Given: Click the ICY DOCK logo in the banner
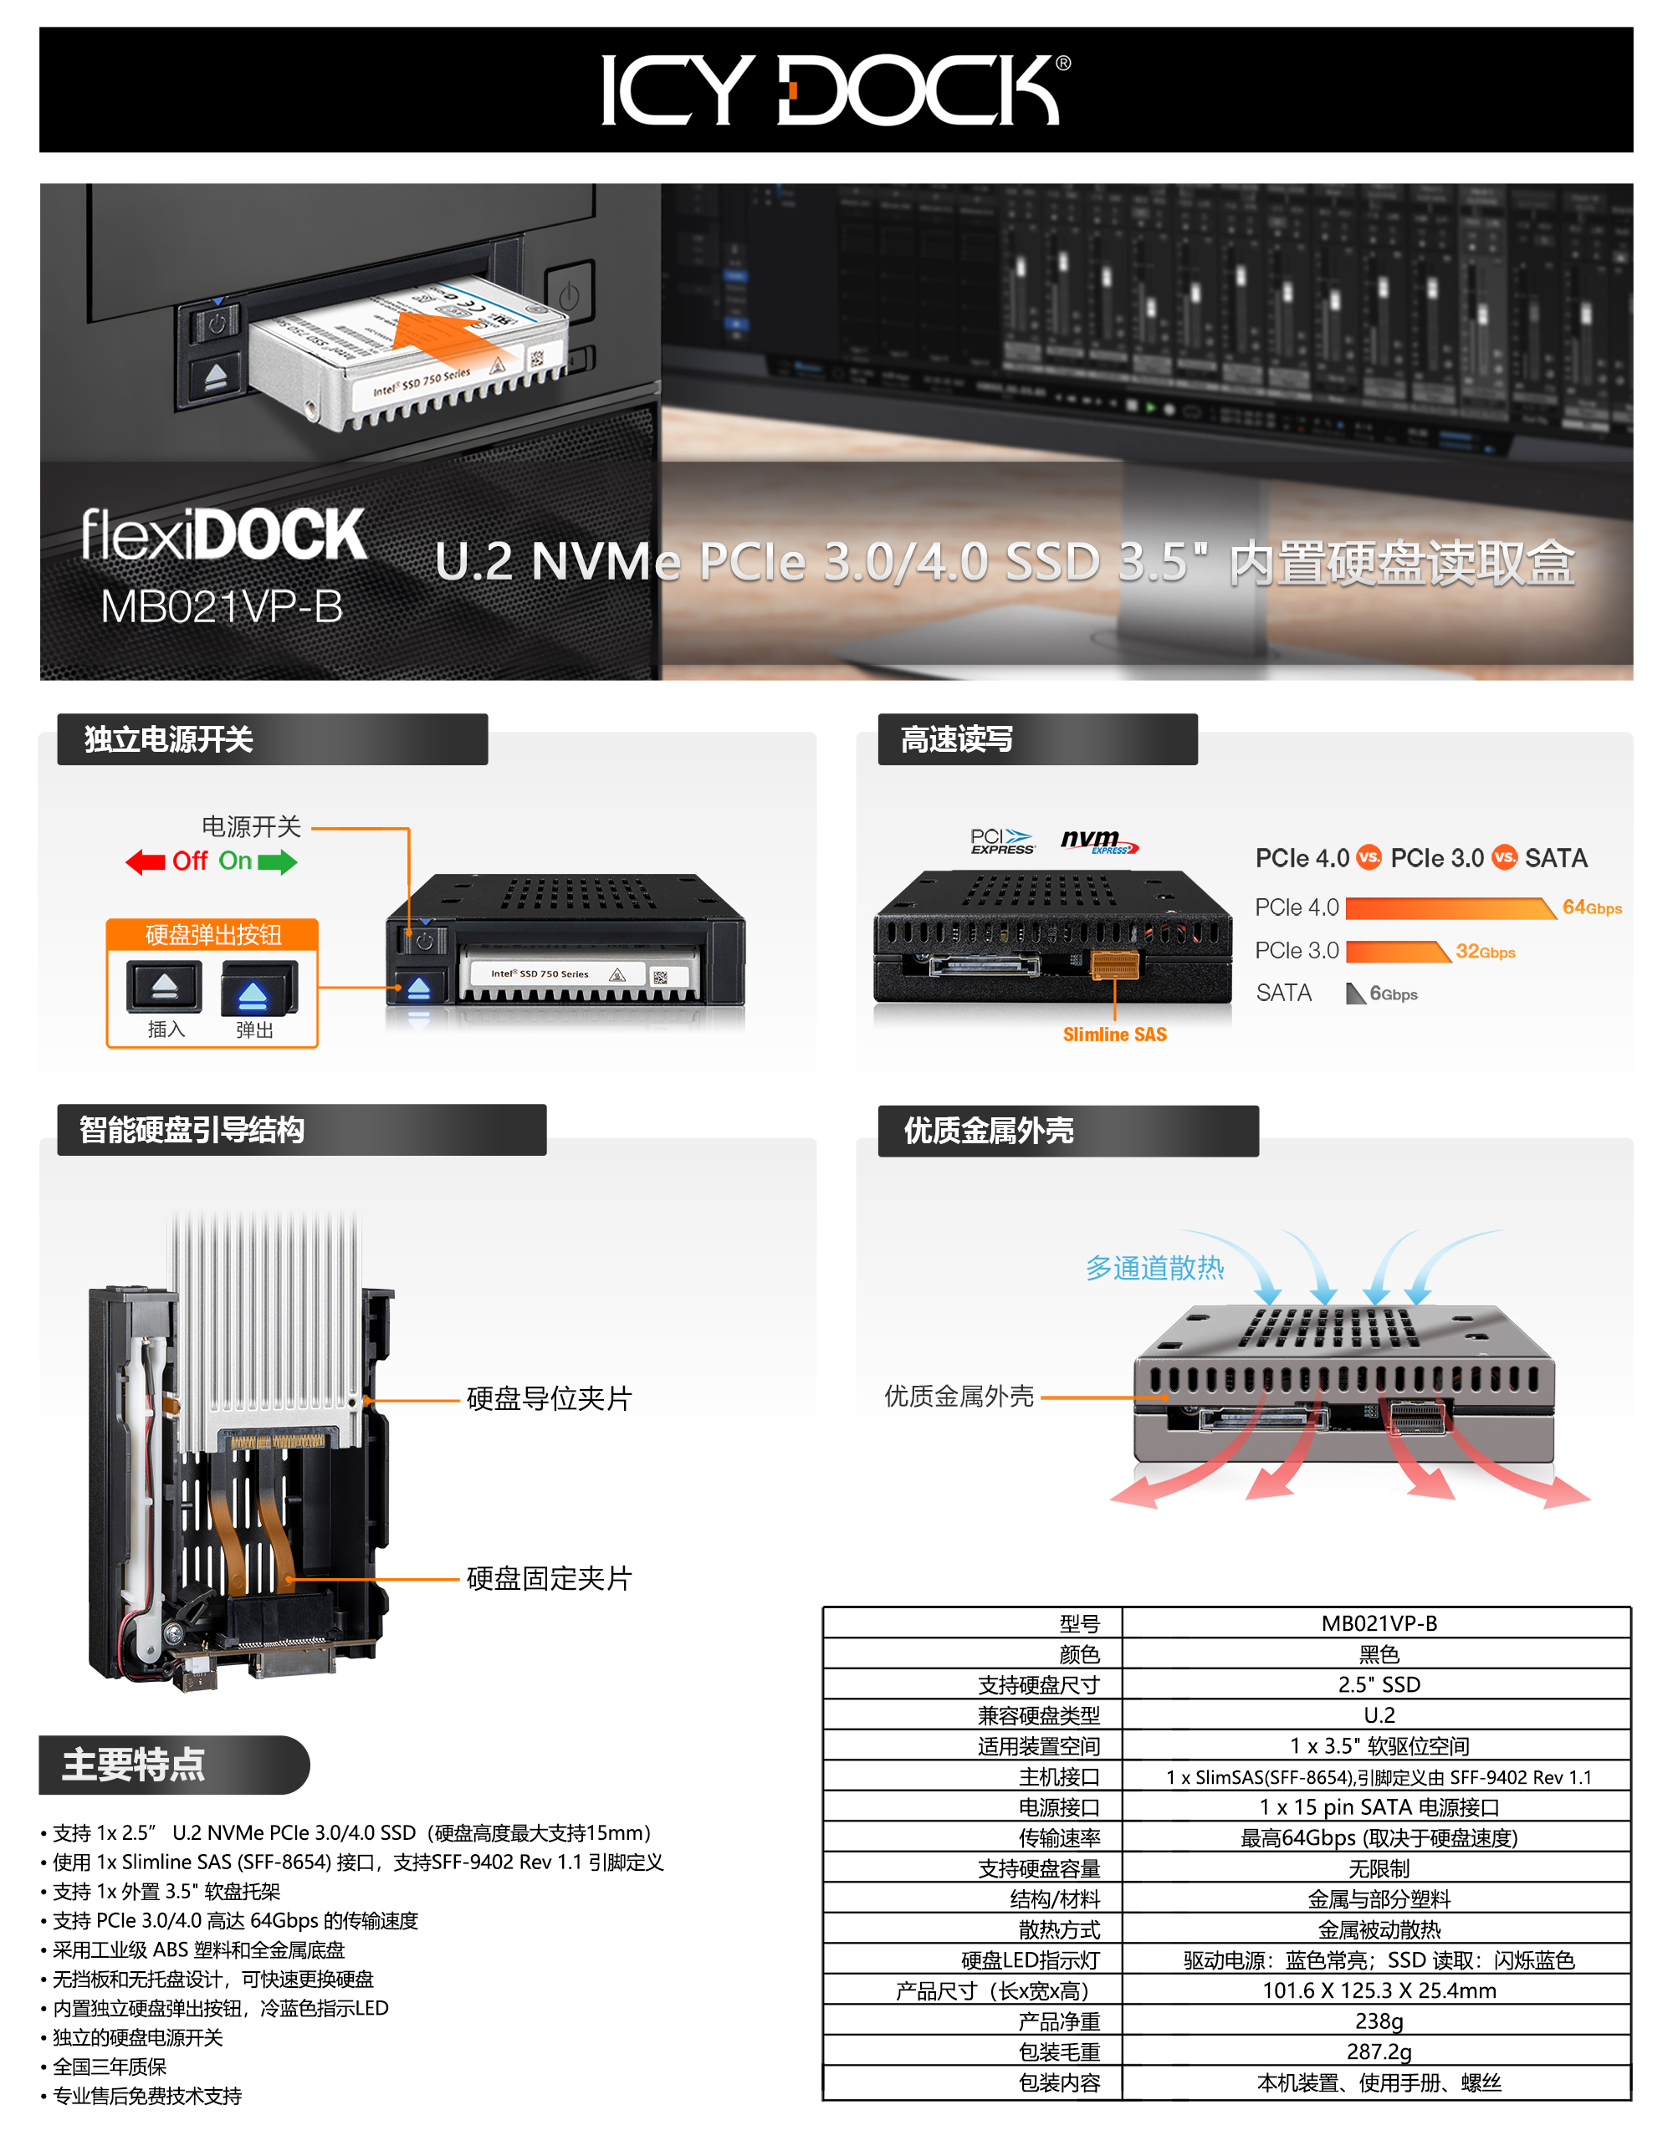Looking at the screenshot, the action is [836, 89].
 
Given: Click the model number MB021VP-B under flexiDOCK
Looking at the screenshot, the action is [222, 606].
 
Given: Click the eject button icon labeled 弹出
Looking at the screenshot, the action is [258, 988].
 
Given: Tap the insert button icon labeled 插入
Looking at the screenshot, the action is [165, 987].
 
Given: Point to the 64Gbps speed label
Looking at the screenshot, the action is [1591, 907].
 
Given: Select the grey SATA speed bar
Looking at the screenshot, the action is [1355, 994].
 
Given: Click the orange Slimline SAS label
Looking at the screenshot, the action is [1114, 1035].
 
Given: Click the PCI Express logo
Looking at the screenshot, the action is [1003, 841].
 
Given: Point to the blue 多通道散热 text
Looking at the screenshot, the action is [1154, 1268].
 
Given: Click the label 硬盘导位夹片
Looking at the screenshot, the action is [549, 1398].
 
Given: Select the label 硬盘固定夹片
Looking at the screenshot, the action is [549, 1579].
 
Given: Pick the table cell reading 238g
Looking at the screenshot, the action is [1379, 2021].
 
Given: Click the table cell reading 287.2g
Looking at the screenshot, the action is [1379, 2051].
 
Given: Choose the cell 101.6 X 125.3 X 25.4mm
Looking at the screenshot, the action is [1379, 1990].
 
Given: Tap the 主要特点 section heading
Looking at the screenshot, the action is [134, 1764].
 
